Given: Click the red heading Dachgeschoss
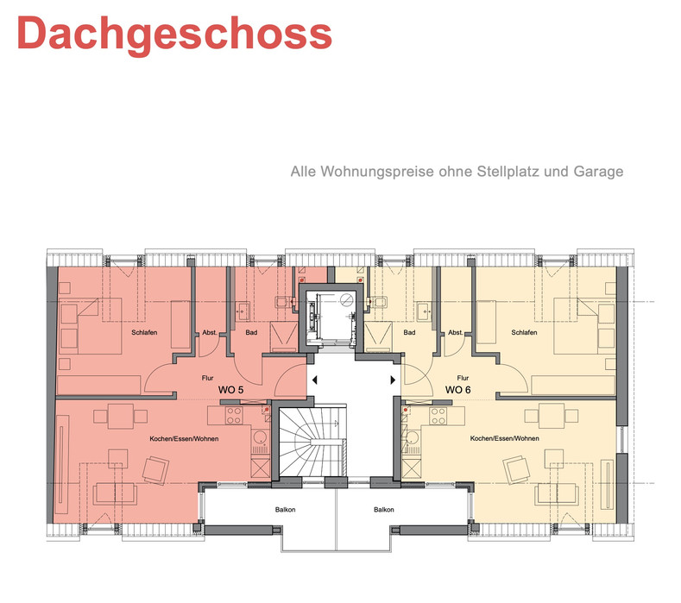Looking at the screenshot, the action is pos(174,35).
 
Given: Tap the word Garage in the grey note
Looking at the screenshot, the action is pos(598,172).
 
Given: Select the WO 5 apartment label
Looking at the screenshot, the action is pos(230,389).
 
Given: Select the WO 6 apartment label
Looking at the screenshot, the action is pos(457,389).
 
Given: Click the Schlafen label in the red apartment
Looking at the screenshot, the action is pos(144,332).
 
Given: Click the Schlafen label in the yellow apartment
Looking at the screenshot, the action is pos(524,332).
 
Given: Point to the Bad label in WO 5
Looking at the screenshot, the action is pos(251,332).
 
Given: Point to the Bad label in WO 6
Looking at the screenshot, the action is pos(409,332).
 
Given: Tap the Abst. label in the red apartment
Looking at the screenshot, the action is pos(210,332).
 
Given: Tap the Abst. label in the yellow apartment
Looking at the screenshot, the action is pos(456,332).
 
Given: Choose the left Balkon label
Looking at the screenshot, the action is pos(285,509).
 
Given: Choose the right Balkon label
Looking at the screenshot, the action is pos(384,509).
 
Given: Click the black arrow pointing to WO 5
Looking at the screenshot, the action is pos(314,380).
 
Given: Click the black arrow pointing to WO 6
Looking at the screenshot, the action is pos(393,380).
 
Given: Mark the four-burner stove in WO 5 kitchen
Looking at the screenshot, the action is pos(234,416).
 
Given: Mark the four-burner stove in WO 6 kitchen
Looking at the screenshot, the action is pos(438,416).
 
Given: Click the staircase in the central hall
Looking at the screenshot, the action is pos(312,442).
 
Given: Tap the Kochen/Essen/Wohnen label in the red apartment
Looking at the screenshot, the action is pos(184,438).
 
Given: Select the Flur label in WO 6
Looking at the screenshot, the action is pos(463,378).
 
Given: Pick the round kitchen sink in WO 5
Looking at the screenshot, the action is pos(260,437).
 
